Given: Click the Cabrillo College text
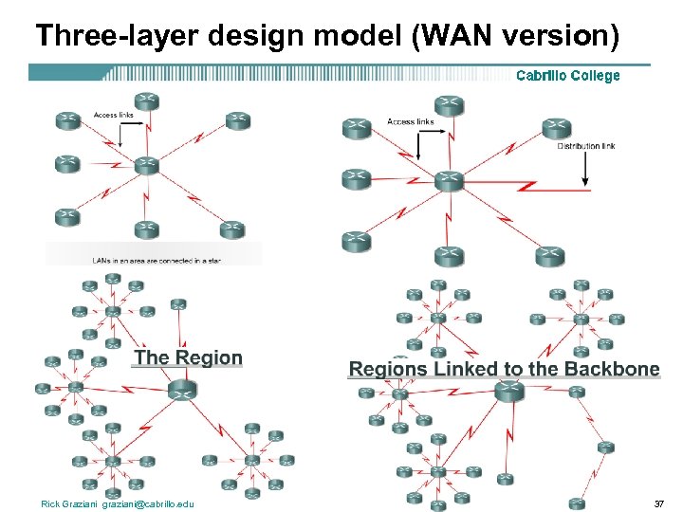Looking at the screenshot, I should coord(567,76).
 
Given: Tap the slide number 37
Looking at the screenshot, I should coord(659,503).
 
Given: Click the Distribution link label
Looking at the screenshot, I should coord(585,146).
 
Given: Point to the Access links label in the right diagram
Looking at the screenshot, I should coord(410,121).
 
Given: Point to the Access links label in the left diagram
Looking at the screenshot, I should coord(113,116).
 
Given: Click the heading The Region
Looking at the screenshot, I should coord(188,357).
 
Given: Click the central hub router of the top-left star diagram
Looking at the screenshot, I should coord(145,165).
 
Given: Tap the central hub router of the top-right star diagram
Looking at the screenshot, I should coord(449,179).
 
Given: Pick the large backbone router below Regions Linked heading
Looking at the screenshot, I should coord(509,391).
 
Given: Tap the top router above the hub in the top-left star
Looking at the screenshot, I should coord(145,100).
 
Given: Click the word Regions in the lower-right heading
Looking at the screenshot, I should coord(389,369).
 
